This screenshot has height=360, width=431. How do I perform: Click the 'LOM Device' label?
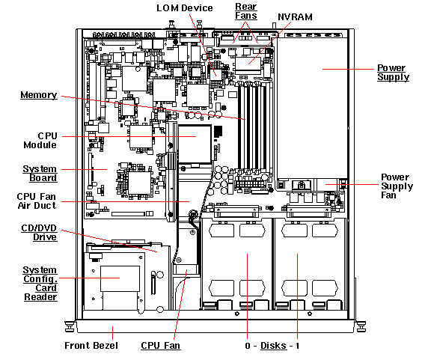(184, 8)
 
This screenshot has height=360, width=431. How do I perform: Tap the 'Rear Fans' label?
(246, 11)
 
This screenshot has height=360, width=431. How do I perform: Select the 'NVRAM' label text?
(295, 17)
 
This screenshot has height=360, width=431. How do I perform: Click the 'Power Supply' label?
(393, 73)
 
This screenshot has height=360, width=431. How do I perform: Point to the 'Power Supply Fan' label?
(397, 186)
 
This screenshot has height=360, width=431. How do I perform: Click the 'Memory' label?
(39, 95)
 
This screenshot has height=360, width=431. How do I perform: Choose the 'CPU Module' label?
(40, 140)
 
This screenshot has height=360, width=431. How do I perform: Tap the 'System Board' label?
(40, 173)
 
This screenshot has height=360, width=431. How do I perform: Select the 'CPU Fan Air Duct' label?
(37, 201)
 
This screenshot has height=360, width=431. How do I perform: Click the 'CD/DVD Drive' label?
(39, 233)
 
